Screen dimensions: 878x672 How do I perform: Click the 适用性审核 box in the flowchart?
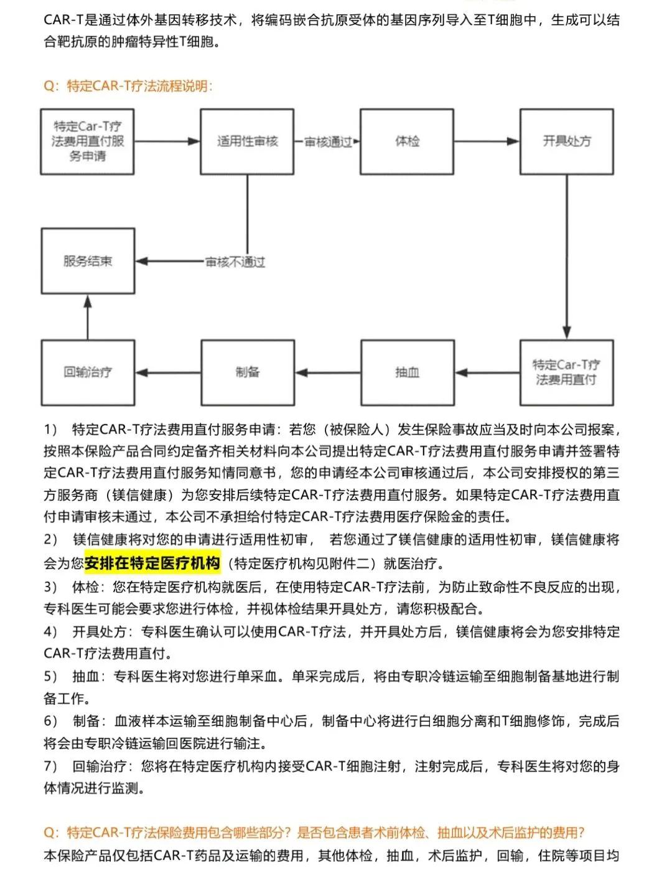pos(247,141)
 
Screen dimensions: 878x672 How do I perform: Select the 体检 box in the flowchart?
pos(407,141)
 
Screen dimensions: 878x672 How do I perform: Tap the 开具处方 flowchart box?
pos(566,141)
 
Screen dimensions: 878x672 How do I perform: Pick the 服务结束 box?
pos(88,261)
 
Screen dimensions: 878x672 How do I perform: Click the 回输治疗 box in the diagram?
pos(88,372)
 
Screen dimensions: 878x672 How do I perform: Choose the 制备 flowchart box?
pos(247,372)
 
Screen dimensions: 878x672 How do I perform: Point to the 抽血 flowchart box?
pos(407,372)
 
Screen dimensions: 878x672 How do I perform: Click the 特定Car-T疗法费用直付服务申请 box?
pos(88,141)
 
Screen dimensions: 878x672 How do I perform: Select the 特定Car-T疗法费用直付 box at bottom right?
pos(566,372)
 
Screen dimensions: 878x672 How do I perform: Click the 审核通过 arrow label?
pos(327,142)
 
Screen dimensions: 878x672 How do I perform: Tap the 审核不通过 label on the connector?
pos(235,262)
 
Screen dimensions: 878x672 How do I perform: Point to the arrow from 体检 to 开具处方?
pos(487,141)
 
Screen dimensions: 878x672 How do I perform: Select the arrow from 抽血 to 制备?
pos(327,372)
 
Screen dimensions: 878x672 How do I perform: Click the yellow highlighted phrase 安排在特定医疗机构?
pos(152,563)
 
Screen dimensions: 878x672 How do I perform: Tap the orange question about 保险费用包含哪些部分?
pos(314,833)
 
